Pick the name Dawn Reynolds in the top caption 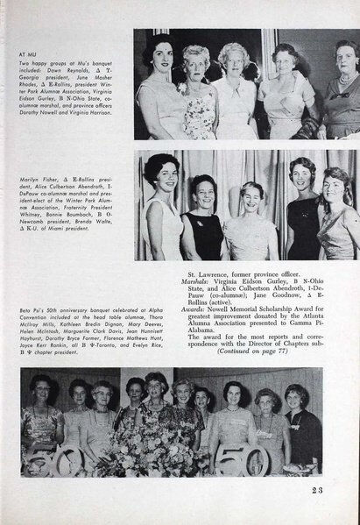pyautogui.click(x=75, y=68)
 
